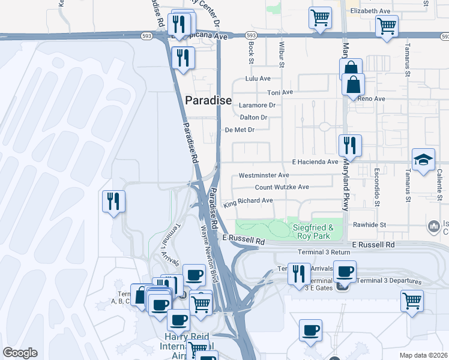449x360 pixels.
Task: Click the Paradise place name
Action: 208,101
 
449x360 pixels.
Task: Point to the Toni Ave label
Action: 280,92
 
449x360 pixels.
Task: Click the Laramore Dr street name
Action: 256,105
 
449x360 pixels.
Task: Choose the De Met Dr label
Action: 240,130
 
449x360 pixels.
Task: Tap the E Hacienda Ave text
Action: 315,162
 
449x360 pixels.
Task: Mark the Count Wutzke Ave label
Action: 282,187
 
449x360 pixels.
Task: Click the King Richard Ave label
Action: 248,202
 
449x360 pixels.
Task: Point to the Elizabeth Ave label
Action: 370,11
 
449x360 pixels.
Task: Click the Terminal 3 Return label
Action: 324,253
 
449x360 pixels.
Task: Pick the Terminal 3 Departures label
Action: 389,281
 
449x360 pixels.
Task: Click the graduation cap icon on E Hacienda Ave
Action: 423,160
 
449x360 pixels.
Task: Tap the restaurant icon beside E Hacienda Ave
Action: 349,145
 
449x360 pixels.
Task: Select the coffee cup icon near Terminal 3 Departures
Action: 345,271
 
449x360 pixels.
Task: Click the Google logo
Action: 20,353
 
